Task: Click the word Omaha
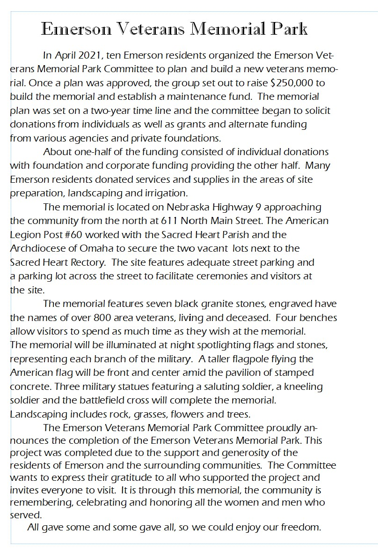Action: tap(96, 248)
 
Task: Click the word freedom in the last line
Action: tap(300, 527)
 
